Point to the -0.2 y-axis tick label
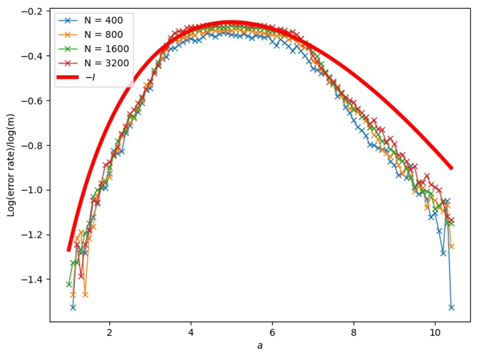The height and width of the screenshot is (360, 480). (x=33, y=12)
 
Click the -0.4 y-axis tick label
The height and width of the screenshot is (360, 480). (x=33, y=56)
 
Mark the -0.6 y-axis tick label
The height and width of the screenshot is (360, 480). (x=33, y=101)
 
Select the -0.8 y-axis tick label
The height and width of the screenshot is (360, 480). (x=33, y=146)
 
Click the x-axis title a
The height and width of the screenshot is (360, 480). (x=260, y=346)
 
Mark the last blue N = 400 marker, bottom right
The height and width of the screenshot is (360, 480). (x=451, y=307)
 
